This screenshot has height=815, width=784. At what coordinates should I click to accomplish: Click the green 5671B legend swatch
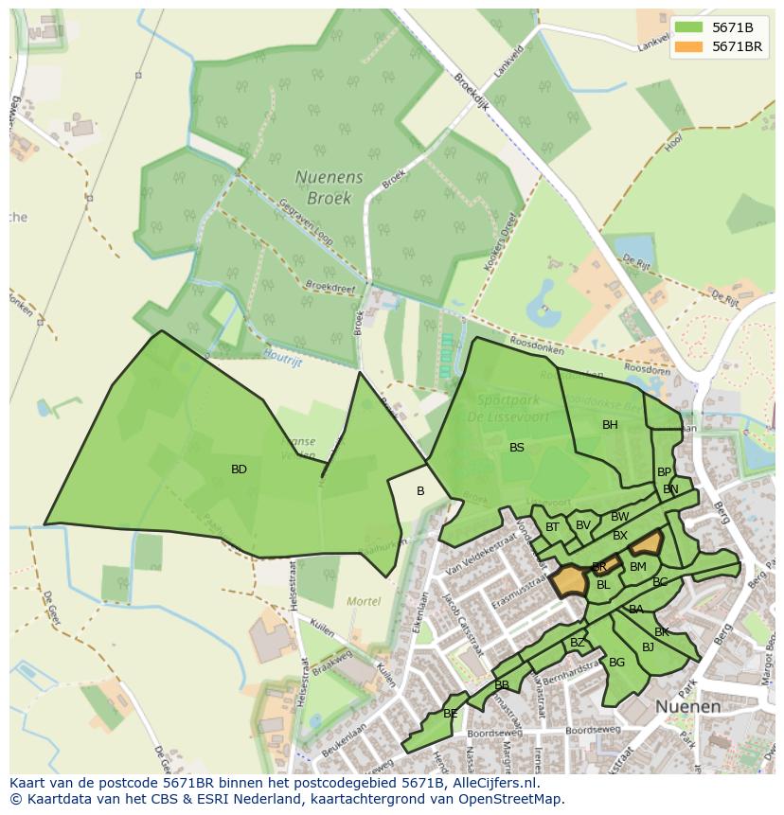689,27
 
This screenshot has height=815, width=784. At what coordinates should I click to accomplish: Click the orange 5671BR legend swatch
689,46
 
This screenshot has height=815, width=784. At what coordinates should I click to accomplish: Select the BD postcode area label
239,470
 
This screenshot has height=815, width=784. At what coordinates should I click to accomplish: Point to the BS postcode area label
517,448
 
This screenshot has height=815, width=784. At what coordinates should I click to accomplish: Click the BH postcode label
610,425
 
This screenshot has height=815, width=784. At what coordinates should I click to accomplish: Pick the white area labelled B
420,491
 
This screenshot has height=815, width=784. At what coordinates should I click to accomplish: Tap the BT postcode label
553,527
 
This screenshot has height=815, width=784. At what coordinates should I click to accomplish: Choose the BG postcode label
616,663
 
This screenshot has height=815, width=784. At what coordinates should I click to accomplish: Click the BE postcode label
451,714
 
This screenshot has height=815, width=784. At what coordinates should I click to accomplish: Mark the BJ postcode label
648,647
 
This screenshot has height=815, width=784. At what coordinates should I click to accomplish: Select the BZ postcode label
578,643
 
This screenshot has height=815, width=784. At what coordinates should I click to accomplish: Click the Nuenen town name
687,707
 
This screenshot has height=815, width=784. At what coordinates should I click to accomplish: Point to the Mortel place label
364,601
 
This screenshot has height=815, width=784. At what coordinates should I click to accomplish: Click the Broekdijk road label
471,93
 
